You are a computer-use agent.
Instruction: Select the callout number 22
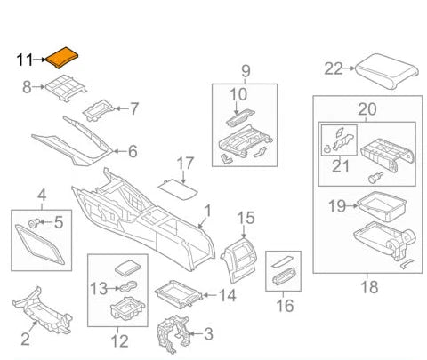point(333,68)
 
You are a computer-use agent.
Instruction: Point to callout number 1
point(207,212)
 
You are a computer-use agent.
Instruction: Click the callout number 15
point(245,216)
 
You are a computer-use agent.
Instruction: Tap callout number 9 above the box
point(246,70)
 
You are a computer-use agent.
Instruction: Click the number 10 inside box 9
point(238,94)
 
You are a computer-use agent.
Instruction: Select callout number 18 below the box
point(367,287)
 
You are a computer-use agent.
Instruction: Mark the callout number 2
point(26,339)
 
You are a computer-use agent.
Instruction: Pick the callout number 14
point(227,294)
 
